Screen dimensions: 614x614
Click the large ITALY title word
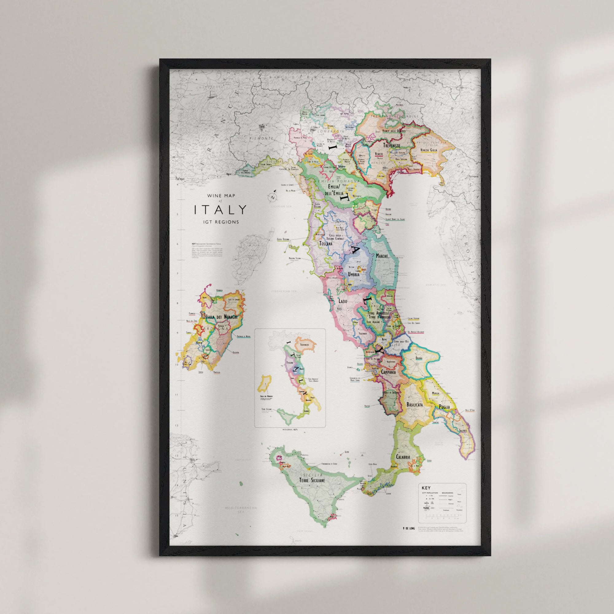pyautogui.click(x=220, y=209)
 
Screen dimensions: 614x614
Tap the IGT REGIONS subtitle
pyautogui.click(x=220, y=222)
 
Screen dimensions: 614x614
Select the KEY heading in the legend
pyautogui.click(x=426, y=488)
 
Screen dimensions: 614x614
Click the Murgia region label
pyautogui.click(x=436, y=393)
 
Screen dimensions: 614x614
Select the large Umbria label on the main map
pyautogui.click(x=353, y=274)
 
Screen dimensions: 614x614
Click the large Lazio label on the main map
pyautogui.click(x=343, y=301)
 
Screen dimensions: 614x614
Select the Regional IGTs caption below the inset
pyautogui.click(x=290, y=429)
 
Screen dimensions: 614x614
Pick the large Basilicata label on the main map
pyautogui.click(x=414, y=405)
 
